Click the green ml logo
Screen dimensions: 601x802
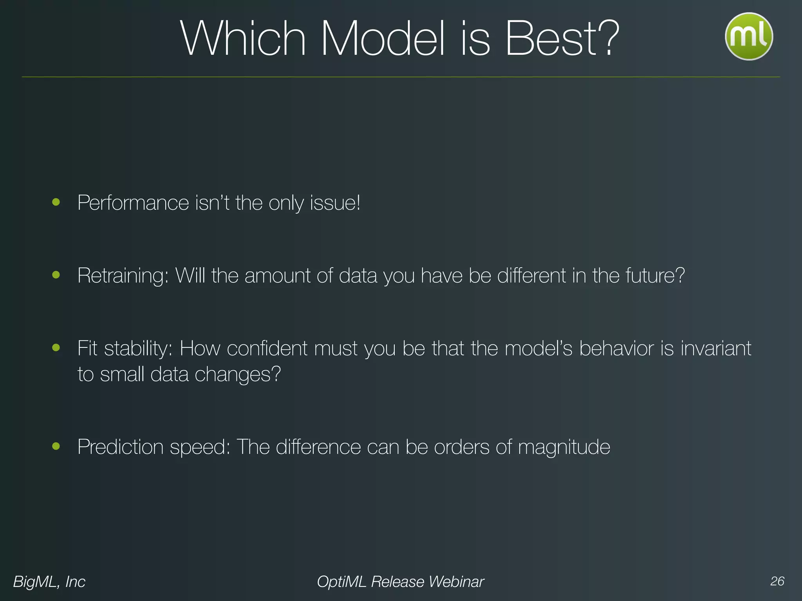click(749, 36)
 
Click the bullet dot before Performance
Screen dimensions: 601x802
click(56, 202)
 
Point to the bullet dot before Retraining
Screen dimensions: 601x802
click(56, 275)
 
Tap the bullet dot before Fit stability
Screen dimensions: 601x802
click(56, 347)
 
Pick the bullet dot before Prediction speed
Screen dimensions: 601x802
click(56, 446)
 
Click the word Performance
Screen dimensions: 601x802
click(133, 203)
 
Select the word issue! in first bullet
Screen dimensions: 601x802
click(335, 203)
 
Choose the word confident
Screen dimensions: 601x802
click(267, 348)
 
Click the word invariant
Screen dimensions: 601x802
click(716, 348)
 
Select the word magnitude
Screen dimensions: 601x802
click(564, 447)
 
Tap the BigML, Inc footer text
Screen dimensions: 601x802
click(49, 582)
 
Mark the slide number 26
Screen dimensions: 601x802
click(777, 581)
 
